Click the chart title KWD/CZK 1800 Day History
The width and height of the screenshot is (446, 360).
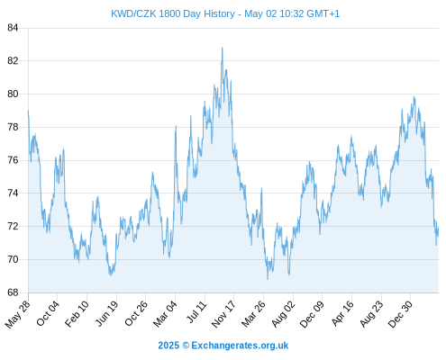(173, 13)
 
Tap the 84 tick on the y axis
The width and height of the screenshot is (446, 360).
(13, 28)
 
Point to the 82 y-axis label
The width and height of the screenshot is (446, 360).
(13, 61)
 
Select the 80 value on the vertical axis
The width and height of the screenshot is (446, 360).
(13, 94)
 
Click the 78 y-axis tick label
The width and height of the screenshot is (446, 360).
(13, 127)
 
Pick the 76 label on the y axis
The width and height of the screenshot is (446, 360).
(13, 160)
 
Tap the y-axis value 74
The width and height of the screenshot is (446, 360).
(13, 193)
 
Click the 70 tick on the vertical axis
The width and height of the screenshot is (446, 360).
(13, 259)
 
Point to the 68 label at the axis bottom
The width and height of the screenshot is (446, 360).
(13, 292)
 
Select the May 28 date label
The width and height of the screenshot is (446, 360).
(18, 313)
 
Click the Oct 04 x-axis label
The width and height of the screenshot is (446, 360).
(48, 312)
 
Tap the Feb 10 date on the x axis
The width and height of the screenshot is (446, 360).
(77, 313)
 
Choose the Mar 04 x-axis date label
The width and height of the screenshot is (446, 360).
(165, 313)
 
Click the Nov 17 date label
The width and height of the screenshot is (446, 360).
(223, 313)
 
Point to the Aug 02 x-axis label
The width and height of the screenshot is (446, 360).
(283, 313)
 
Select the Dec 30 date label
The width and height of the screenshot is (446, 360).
(400, 313)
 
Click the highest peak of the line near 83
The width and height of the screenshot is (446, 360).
(222, 48)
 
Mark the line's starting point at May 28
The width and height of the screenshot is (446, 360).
(28, 111)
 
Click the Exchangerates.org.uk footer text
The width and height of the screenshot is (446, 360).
(240, 346)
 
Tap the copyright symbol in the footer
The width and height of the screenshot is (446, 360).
(186, 346)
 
